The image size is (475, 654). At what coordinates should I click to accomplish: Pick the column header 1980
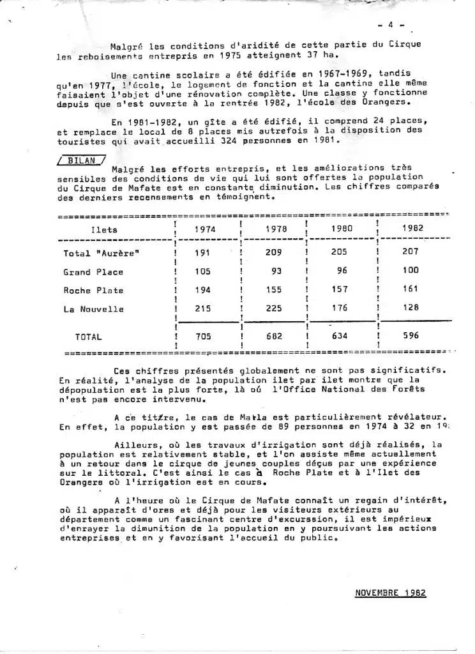(x=342, y=229)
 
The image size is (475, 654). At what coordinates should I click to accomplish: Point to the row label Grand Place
(x=93, y=272)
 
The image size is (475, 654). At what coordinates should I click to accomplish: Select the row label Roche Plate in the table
(x=93, y=291)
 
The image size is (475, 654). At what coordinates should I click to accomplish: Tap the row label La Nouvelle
(x=93, y=310)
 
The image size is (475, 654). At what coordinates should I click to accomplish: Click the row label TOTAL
(x=89, y=337)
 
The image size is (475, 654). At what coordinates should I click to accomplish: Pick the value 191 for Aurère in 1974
(x=202, y=253)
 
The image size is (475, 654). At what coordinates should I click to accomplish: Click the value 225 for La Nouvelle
(x=273, y=309)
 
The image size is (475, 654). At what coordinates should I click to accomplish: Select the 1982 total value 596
(x=411, y=335)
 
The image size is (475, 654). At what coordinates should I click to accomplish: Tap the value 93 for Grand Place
(x=276, y=271)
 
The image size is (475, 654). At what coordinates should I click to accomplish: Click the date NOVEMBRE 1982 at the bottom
(x=390, y=593)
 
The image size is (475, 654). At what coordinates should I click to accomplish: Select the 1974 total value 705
(x=202, y=336)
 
